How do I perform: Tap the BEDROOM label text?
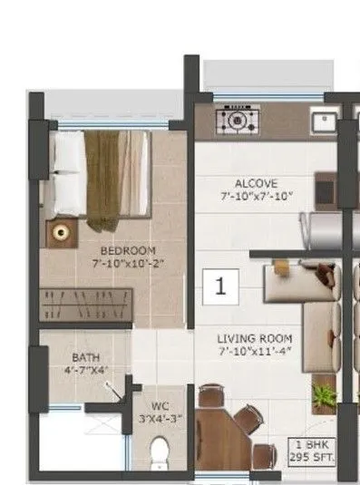pos(128,250)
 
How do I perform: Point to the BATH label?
pos(85,357)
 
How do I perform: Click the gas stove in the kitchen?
pos(238,119)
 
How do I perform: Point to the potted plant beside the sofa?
pos(322,394)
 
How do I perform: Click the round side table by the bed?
pos(62,232)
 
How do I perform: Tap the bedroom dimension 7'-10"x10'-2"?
pos(128,263)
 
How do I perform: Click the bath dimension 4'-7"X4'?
pos(85,370)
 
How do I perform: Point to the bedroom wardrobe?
pos(87,302)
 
